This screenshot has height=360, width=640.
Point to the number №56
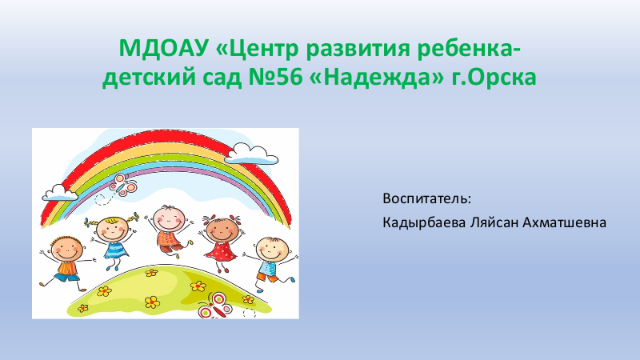pos(275,78)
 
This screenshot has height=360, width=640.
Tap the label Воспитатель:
pos(427,198)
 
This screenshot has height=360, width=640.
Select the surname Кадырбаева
pos(424,223)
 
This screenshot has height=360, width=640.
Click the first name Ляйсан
pos(494,223)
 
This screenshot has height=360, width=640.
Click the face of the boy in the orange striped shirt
pos(66,248)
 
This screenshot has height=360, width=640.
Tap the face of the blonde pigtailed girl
pos(111,230)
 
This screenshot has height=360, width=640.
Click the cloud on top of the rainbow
pos(251,154)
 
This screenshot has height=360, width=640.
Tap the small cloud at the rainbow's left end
pos(60,193)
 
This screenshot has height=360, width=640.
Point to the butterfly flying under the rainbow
pos(123,185)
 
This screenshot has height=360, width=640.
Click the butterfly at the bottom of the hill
pos(215,306)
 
